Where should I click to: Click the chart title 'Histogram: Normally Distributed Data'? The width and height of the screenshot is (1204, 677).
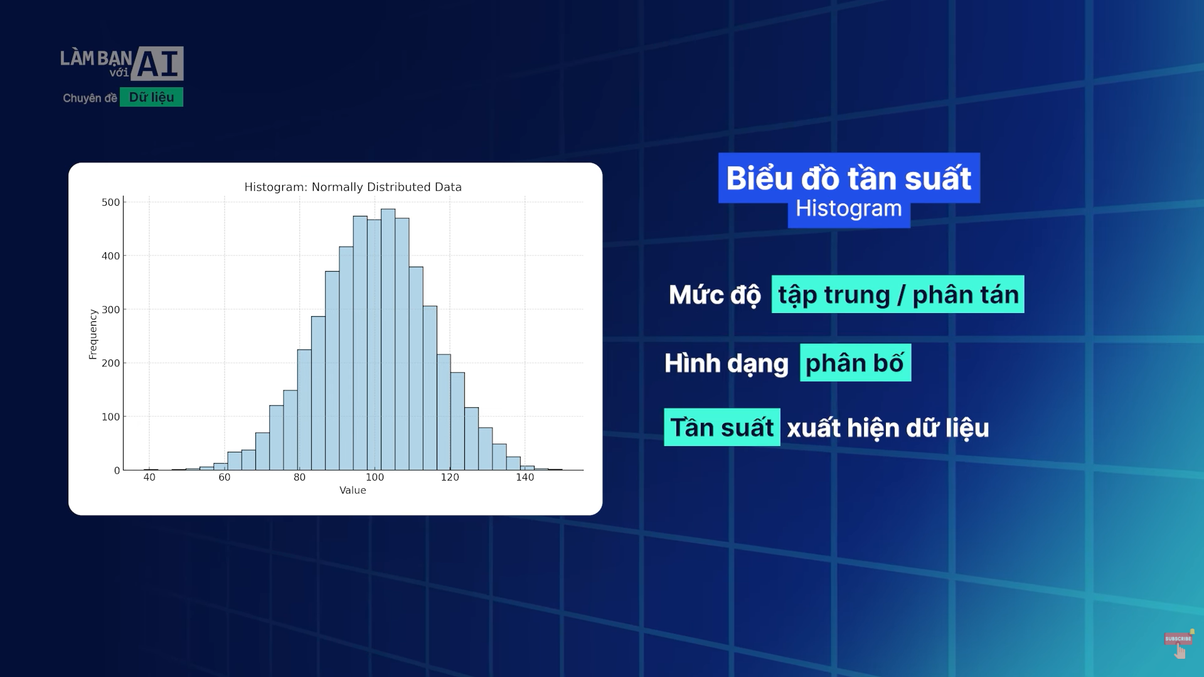tap(353, 187)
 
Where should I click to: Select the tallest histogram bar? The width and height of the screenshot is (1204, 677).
tap(388, 339)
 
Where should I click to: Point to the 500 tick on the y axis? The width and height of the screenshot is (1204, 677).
tap(110, 202)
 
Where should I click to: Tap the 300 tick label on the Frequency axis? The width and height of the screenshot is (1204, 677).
tap(110, 309)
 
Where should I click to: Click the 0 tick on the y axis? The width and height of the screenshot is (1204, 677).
tap(117, 471)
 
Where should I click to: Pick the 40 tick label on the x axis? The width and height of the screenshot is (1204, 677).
tap(149, 477)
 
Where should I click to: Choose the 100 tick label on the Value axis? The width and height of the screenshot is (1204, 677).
tap(375, 477)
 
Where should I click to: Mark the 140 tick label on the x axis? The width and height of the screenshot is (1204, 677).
tap(525, 477)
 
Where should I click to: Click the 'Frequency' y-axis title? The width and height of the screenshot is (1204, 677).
tap(93, 334)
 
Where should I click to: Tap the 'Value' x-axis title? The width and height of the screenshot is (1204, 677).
tap(353, 490)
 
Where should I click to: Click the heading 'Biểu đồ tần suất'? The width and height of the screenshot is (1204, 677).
tap(848, 178)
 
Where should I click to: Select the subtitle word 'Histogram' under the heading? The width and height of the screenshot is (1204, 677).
tap(848, 209)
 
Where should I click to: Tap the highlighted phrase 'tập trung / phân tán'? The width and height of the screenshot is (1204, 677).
tap(898, 294)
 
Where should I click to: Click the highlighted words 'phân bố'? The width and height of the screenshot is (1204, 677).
tap(855, 363)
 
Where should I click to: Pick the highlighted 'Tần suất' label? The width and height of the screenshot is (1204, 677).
tap(722, 427)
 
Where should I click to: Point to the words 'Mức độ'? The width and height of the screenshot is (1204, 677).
tap(715, 295)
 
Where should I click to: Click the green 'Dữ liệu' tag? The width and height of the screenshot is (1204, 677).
tap(151, 97)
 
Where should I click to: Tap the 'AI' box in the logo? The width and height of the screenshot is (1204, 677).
tap(157, 63)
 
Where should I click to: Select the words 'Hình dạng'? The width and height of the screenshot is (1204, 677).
tap(726, 363)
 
